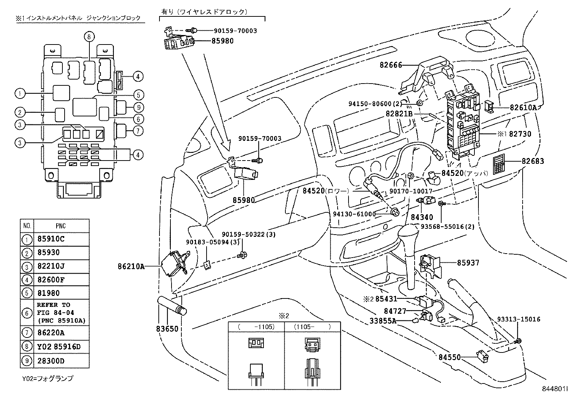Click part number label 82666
[390, 65]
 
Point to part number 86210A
[131, 266]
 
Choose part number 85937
[468, 263]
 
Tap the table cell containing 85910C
[61, 239]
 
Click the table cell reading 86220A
[61, 333]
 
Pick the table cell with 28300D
[61, 361]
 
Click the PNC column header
[61, 226]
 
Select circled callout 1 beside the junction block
[20, 94]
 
